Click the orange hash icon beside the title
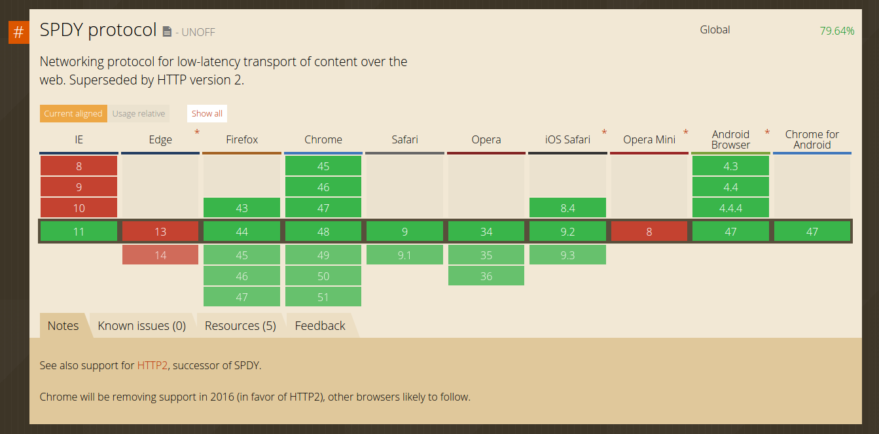click(x=19, y=32)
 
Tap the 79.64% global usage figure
click(x=836, y=31)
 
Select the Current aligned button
click(x=73, y=113)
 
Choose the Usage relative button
click(x=139, y=113)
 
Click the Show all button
click(x=207, y=113)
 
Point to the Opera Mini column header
click(x=649, y=139)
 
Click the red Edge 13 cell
click(x=160, y=232)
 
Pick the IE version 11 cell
click(x=79, y=232)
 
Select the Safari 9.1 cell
click(x=404, y=255)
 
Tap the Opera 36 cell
click(x=486, y=276)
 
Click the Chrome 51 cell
click(x=323, y=297)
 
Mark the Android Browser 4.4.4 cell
click(x=730, y=208)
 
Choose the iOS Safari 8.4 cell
click(x=567, y=208)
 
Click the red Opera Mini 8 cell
click(x=649, y=232)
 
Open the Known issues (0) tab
click(x=141, y=326)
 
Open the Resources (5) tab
click(x=240, y=326)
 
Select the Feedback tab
click(x=320, y=326)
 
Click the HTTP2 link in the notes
click(x=152, y=365)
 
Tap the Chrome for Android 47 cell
click(x=812, y=232)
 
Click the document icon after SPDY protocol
click(x=167, y=31)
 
